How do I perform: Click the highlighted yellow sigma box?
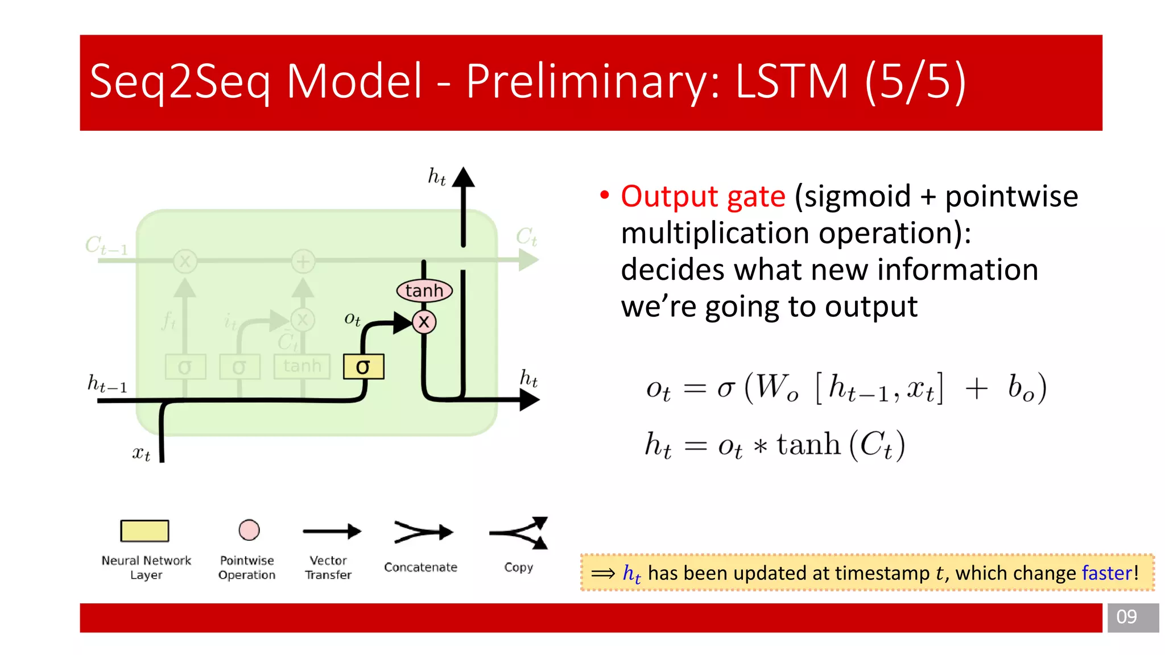(363, 367)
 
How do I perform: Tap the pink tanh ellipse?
(424, 291)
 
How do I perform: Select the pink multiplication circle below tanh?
(424, 322)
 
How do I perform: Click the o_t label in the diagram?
(352, 319)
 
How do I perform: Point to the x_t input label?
(141, 453)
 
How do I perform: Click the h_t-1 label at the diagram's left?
(107, 384)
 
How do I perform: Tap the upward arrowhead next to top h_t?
(464, 177)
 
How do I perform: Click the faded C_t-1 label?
(106, 246)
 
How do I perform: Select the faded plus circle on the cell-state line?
(303, 262)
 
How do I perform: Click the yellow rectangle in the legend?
(144, 530)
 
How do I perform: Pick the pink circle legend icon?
(249, 530)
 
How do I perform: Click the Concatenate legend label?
(420, 567)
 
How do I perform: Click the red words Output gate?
(703, 197)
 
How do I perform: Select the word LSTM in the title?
(791, 81)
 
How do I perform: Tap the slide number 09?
(1126, 617)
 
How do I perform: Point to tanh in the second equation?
(808, 444)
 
